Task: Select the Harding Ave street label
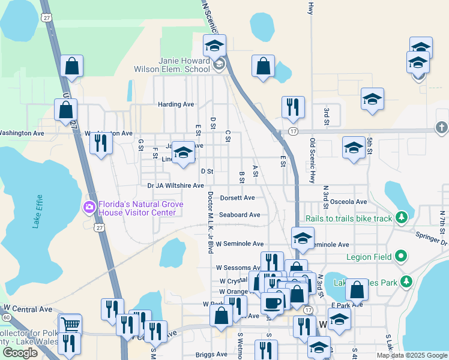pos(176,104)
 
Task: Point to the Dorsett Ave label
pos(238,197)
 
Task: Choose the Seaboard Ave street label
pos(240,214)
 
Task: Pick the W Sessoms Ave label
pos(237,268)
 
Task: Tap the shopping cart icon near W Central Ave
pos(71,324)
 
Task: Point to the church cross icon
pos(441,128)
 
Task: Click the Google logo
pos(20,353)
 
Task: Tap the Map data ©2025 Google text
pos(412,355)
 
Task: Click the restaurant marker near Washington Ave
pos(100,143)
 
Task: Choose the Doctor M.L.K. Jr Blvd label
pos(210,223)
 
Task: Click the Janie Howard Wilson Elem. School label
pos(184,65)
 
